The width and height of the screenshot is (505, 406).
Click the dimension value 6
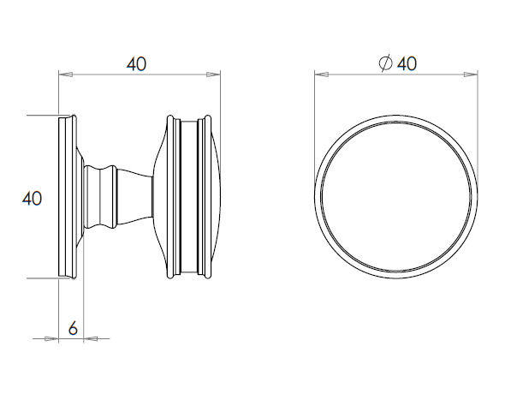(73, 327)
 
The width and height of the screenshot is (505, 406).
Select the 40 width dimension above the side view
(137, 63)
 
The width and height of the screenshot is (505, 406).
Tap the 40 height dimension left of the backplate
(32, 198)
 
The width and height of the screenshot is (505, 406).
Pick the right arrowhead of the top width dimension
(215, 75)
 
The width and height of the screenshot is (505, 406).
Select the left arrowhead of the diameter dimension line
(319, 75)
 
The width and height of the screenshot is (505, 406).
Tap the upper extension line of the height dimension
(43, 115)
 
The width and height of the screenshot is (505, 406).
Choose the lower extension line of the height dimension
(43, 278)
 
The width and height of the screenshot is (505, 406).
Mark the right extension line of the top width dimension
(221, 94)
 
